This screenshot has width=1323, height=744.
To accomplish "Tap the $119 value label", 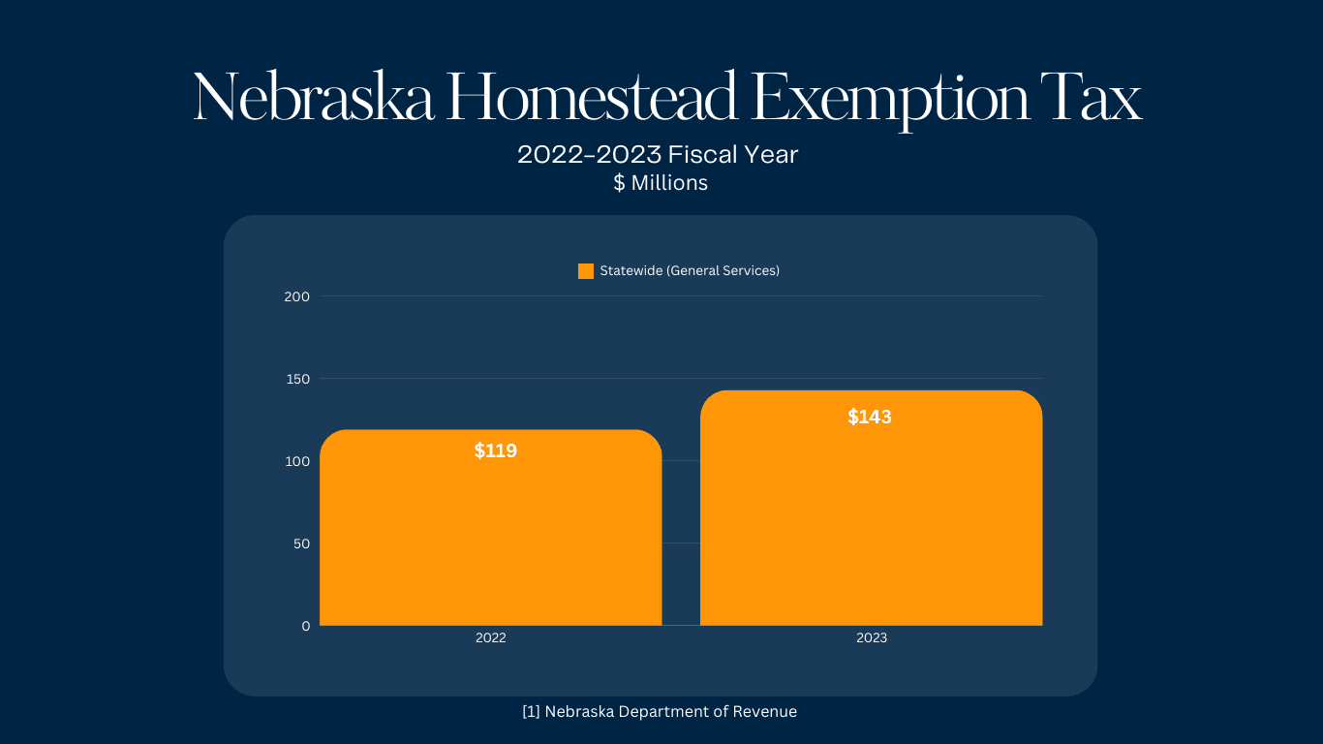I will [x=496, y=450].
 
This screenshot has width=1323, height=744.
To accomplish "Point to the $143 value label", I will [x=870, y=418].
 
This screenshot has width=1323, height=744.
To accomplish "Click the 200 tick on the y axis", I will [x=297, y=296].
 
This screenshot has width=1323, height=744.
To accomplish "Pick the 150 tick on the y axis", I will [x=297, y=379].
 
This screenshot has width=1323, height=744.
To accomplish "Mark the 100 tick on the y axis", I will [x=297, y=461].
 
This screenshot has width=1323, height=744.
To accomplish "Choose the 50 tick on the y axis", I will [x=300, y=543].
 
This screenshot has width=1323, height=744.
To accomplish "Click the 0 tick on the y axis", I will [x=306, y=626].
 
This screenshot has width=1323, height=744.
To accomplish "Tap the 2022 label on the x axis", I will [x=490, y=638].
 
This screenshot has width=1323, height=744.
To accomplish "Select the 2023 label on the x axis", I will [x=871, y=638].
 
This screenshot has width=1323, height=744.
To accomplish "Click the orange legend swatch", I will [x=586, y=271].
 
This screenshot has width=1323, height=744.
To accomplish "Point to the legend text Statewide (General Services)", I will [x=690, y=271].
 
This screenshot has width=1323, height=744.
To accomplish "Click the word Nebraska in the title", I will [x=313, y=99].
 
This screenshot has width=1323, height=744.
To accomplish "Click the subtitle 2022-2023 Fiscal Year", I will [x=658, y=155].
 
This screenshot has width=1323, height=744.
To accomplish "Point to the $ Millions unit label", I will [x=661, y=183].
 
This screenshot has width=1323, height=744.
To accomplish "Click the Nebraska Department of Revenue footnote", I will [x=660, y=712].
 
